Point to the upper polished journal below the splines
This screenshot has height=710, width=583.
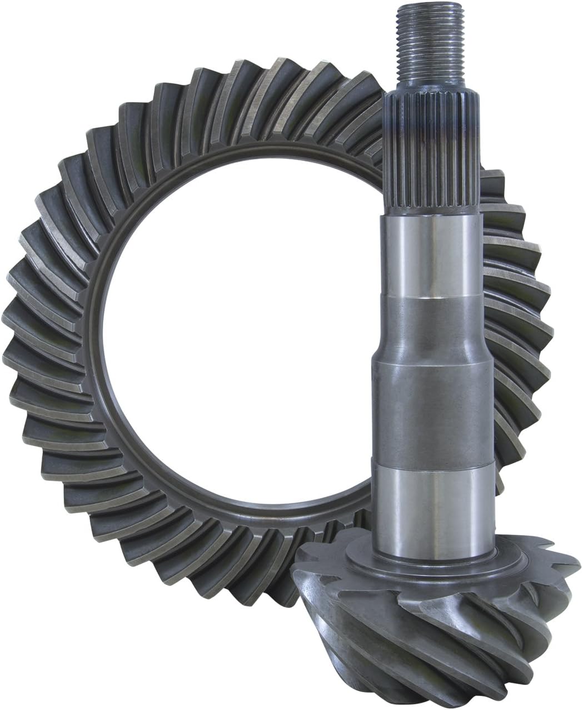coord(431,256)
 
